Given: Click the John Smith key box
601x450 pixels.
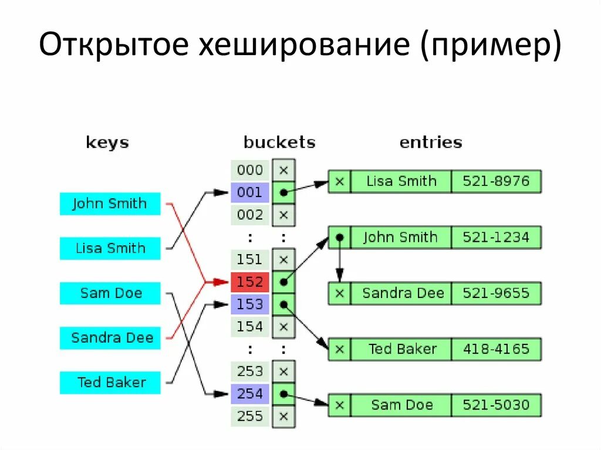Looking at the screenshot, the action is tap(110, 204).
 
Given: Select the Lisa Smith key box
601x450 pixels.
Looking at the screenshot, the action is tap(110, 248).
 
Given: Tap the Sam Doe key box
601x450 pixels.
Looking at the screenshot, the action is tap(110, 293).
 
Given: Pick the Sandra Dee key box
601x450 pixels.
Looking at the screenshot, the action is tap(110, 338).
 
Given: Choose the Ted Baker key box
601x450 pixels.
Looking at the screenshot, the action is tap(110, 383).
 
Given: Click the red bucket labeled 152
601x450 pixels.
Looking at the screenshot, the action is tap(250, 282).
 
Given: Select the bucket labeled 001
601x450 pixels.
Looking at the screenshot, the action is tap(250, 192).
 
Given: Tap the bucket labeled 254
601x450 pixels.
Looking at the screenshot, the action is tap(250, 394).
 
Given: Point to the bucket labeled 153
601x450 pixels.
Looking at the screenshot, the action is tap(250, 304).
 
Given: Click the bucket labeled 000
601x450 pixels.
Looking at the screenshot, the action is tap(250, 170).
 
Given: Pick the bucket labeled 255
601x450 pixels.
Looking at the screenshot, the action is tap(250, 416).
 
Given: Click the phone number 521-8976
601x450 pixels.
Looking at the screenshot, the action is tap(496, 181).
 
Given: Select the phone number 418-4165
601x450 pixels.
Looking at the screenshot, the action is tap(496, 349).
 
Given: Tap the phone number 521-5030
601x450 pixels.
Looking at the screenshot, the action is tap(496, 405).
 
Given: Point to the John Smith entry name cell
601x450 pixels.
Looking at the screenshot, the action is tap(400, 238).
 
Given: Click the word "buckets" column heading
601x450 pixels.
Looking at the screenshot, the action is tap(279, 143).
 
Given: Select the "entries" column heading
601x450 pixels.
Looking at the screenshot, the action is tap(431, 143).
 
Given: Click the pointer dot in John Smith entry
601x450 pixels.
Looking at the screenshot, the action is tap(339, 238).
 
